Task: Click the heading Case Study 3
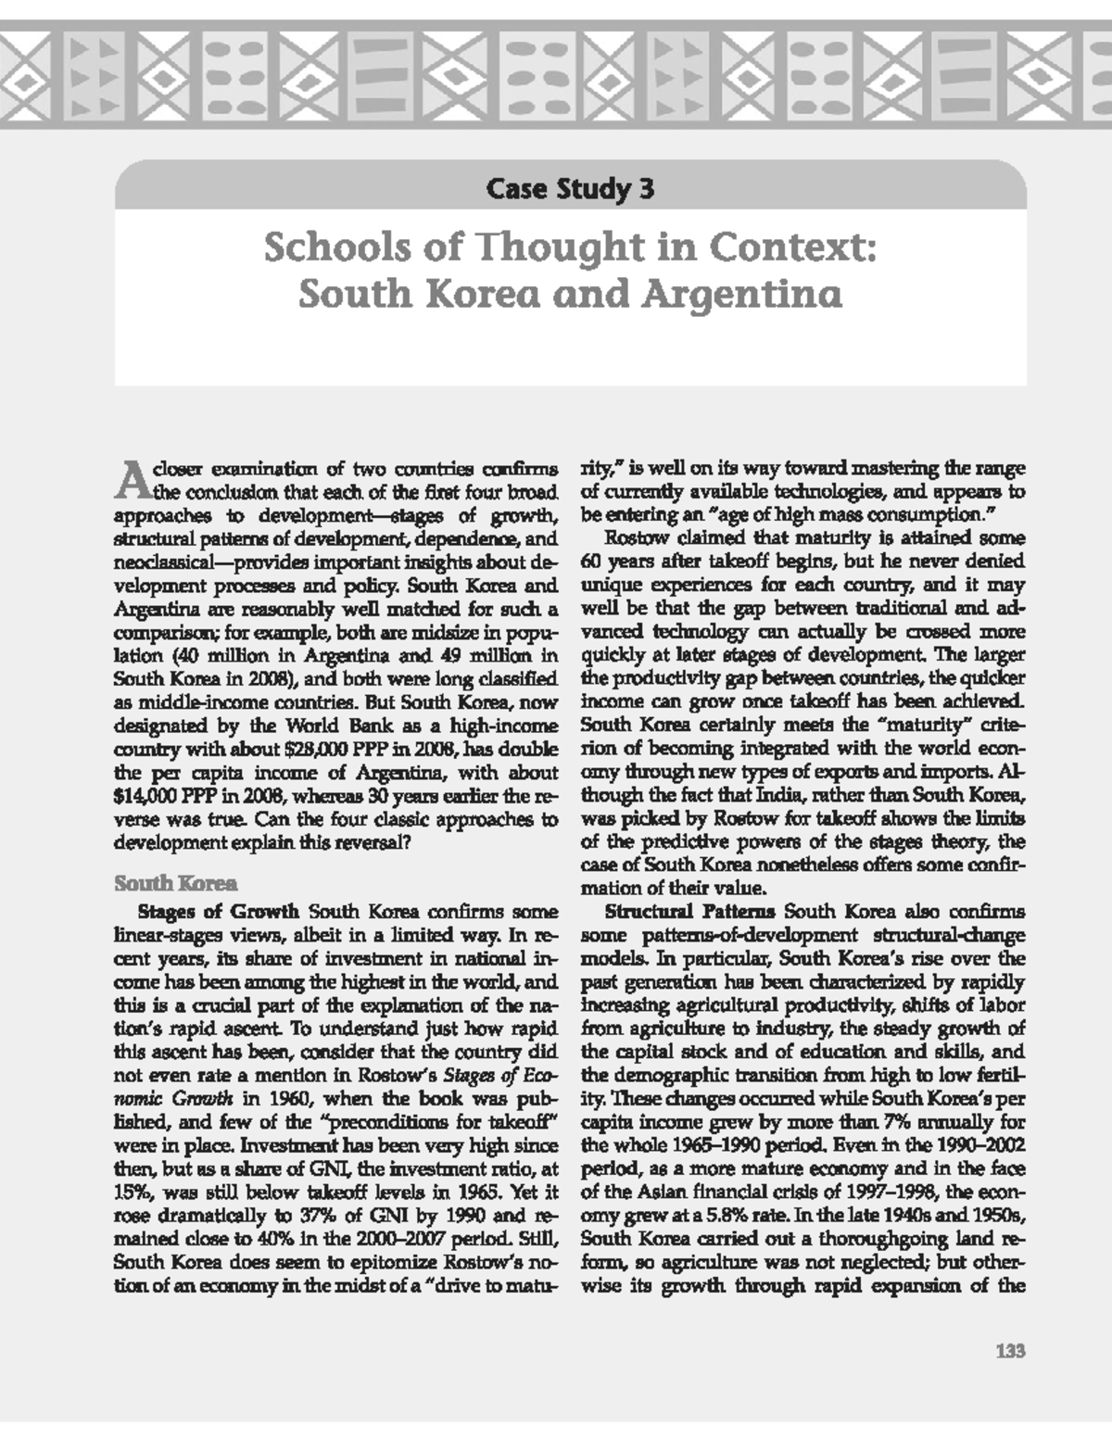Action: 570,190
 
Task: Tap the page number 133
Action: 1010,1352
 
